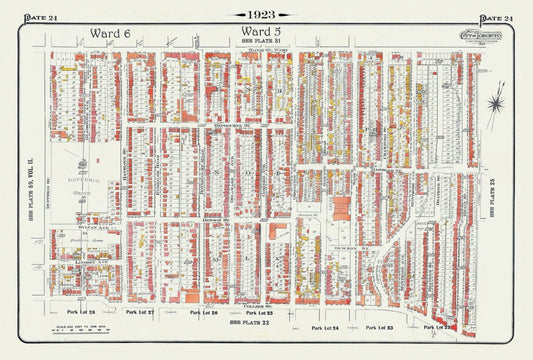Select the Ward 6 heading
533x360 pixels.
(110, 33)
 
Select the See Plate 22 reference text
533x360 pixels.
(249, 323)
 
